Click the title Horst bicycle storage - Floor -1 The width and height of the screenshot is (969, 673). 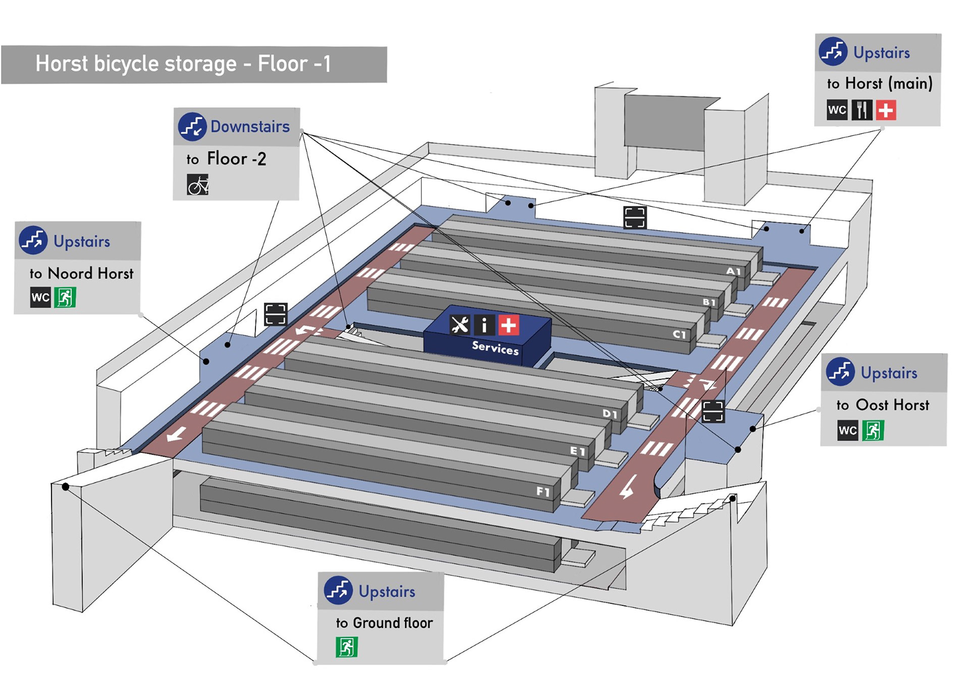[183, 64]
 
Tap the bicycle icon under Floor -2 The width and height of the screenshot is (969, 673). [198, 185]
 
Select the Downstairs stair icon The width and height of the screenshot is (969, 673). [192, 126]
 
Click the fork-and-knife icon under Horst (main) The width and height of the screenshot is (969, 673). [862, 110]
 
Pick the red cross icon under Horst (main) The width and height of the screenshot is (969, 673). [886, 110]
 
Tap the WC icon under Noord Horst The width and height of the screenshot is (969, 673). [40, 297]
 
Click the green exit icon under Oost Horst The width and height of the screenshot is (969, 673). [873, 430]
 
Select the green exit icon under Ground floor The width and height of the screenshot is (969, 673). [347, 647]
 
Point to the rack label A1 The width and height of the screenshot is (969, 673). [733, 271]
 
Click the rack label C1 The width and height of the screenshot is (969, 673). [679, 334]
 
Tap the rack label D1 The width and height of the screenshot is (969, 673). [610, 414]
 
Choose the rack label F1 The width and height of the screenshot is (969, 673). [543, 491]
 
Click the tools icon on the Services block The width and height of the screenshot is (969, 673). [460, 325]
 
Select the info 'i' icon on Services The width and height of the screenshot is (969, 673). [484, 325]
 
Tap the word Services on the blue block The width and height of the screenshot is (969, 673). [495, 348]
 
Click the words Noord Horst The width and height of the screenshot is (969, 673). [91, 273]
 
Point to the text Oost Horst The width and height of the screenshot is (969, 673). [892, 405]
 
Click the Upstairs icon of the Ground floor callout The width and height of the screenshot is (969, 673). [338, 590]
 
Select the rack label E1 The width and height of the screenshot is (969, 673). [578, 451]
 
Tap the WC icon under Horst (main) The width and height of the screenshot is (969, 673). [837, 110]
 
